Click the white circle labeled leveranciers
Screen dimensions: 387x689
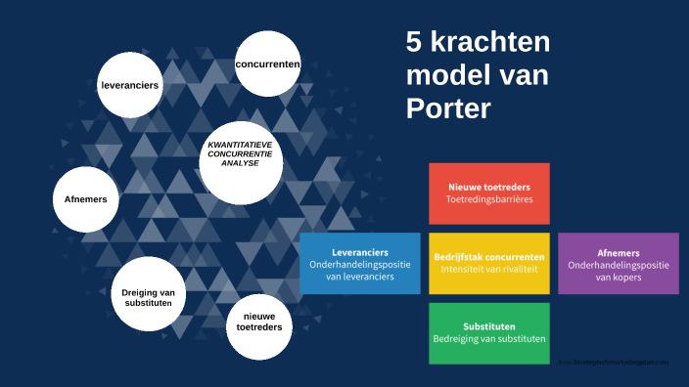(x=130, y=85)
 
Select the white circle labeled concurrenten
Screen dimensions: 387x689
(x=267, y=64)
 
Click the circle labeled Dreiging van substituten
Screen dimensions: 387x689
(x=148, y=297)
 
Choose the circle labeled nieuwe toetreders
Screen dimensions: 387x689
(x=259, y=322)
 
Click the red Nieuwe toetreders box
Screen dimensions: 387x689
(x=488, y=193)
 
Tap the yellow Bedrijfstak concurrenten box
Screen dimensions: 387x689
(x=488, y=263)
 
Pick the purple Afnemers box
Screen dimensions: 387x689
(x=618, y=263)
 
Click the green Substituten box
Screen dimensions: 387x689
(x=488, y=332)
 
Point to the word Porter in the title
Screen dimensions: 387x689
(x=448, y=107)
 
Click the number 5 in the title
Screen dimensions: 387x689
(x=415, y=42)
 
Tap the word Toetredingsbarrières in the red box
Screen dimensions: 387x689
(x=488, y=199)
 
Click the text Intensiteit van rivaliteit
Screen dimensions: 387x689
(x=488, y=269)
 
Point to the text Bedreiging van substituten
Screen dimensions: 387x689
(x=488, y=339)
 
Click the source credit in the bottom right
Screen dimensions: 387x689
(x=615, y=362)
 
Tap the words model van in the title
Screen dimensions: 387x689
(x=477, y=74)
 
